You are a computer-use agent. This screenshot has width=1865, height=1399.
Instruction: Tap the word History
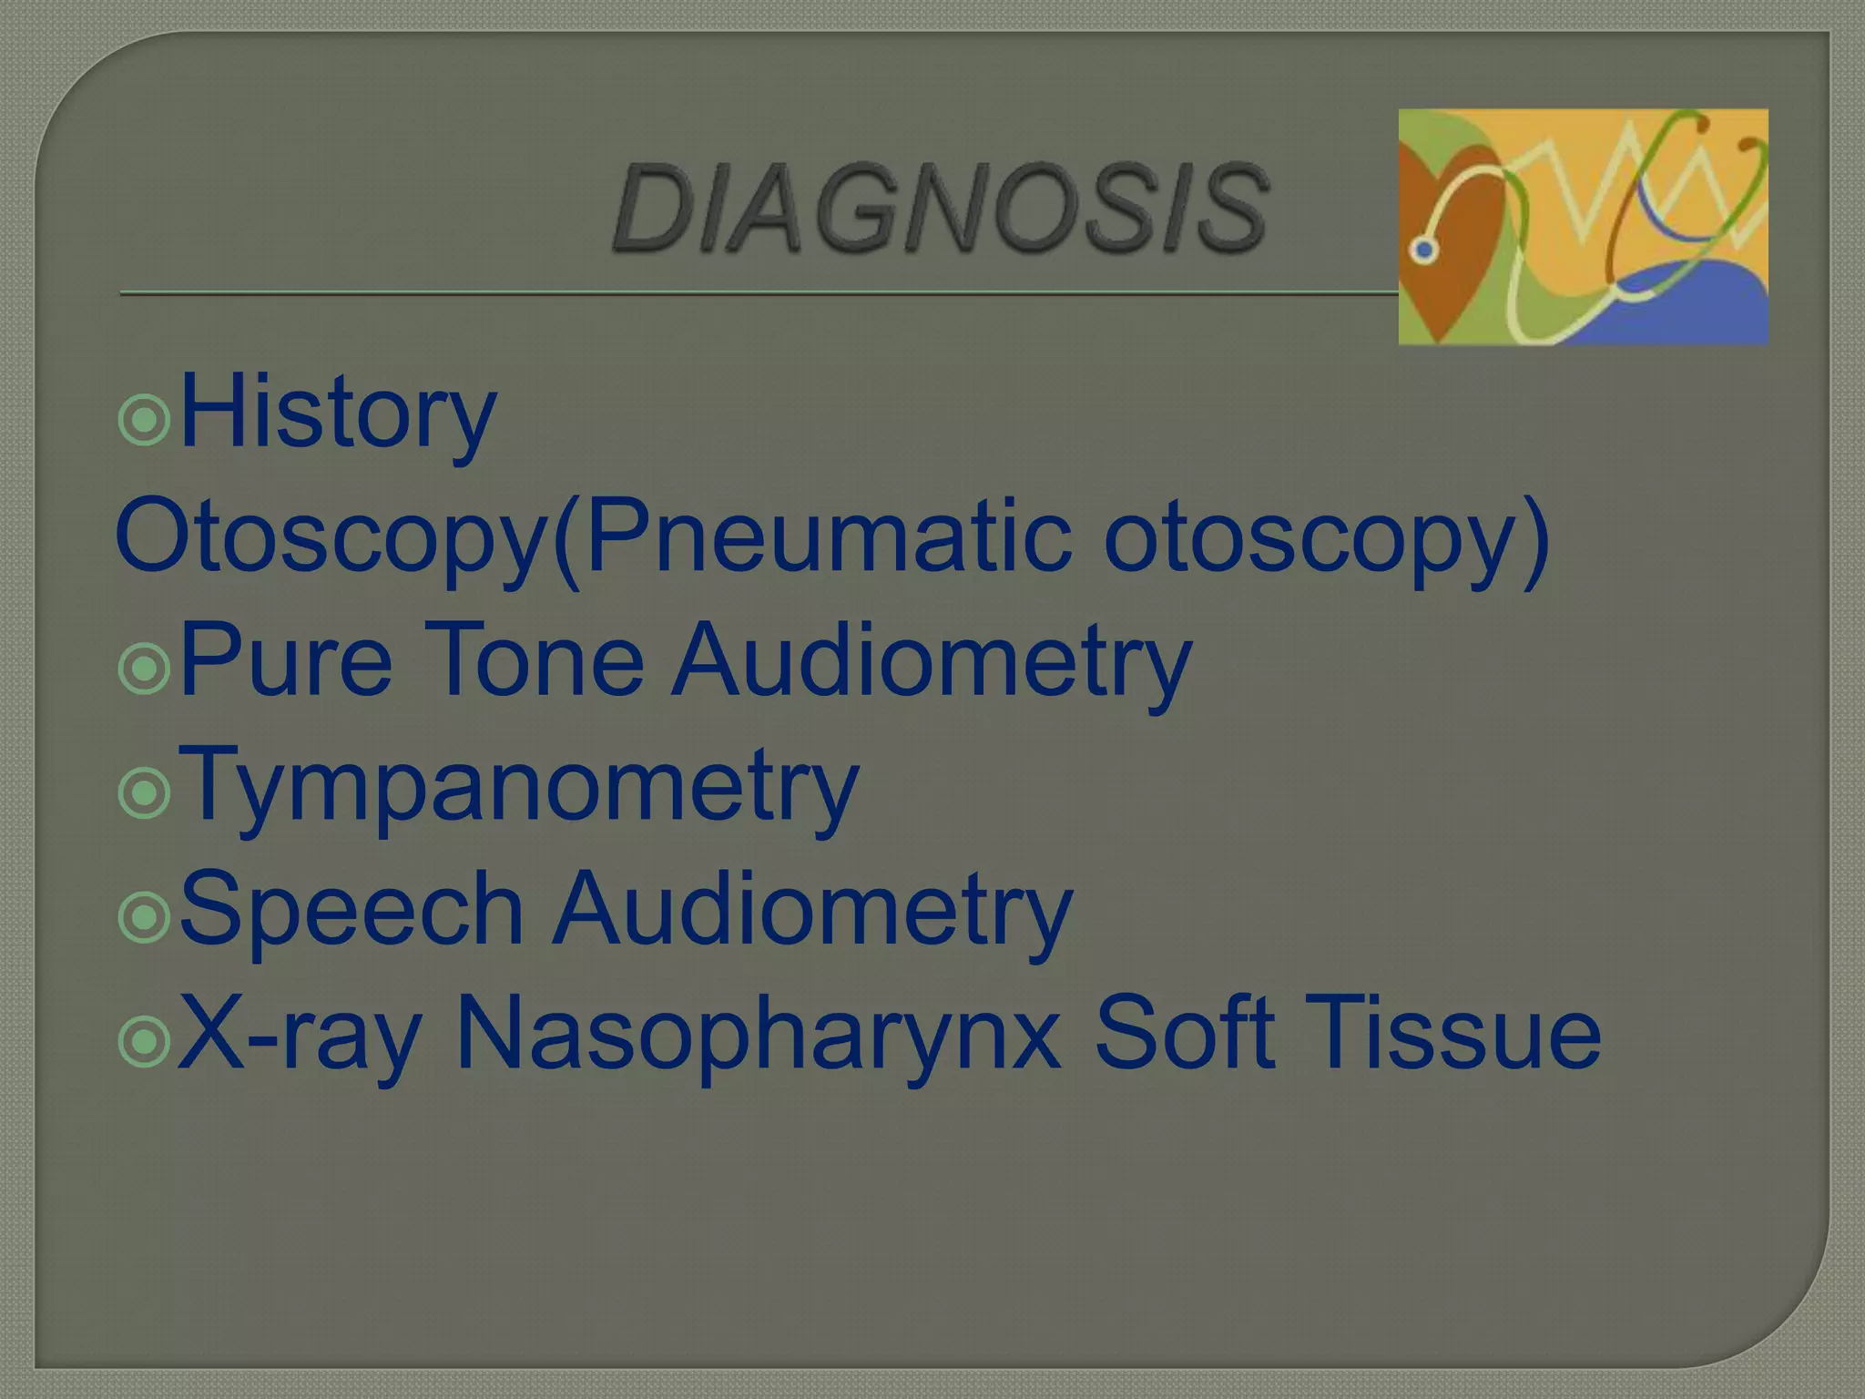click(x=338, y=414)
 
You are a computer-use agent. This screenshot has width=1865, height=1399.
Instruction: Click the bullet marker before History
click(x=144, y=420)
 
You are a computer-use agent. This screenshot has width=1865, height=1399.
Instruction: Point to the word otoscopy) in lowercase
click(x=1326, y=536)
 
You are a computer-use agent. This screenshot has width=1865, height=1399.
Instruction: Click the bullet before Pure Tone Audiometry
click(x=144, y=669)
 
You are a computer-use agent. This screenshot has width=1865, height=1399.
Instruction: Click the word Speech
click(x=352, y=909)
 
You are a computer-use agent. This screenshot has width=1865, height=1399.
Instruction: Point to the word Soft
click(x=1184, y=1034)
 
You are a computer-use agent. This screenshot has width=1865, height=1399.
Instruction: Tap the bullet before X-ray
click(x=144, y=1041)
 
